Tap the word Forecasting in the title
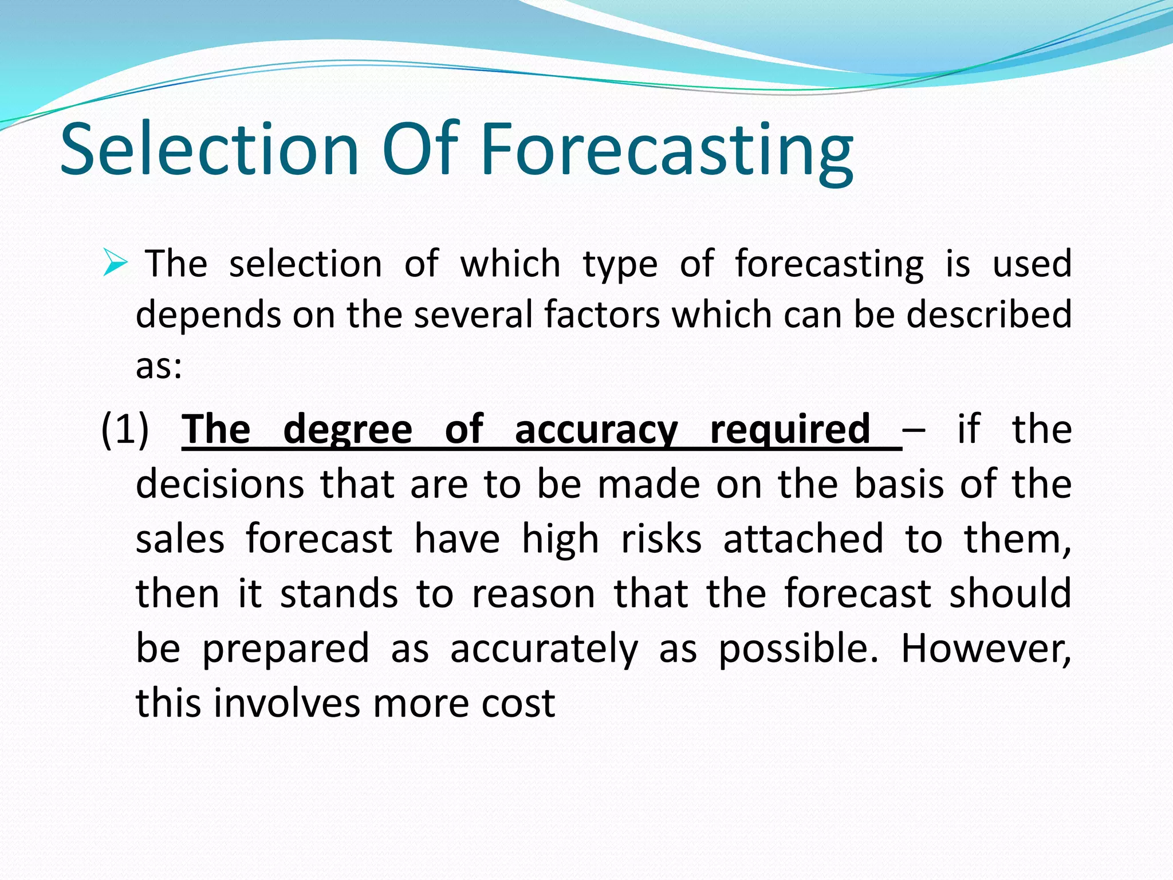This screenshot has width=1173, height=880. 667,150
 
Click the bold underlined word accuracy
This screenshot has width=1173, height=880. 596,430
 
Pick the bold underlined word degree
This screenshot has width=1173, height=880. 348,430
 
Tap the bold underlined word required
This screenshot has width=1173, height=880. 791,430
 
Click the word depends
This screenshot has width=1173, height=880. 208,316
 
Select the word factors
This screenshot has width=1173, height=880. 602,315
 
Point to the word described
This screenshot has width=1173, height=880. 989,315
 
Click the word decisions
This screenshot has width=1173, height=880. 220,484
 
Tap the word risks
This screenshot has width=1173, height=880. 662,539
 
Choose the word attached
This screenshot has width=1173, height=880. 804,539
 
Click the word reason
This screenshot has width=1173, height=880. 533,594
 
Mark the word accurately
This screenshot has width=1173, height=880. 544,650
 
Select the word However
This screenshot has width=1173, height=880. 986,649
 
